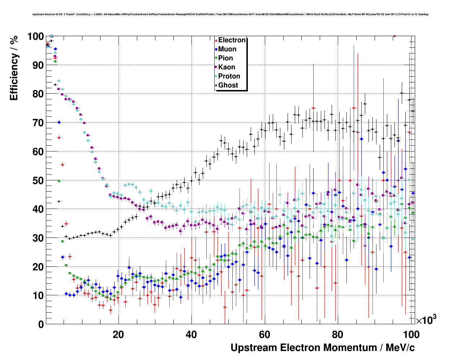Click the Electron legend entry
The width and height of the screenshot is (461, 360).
pos(232,40)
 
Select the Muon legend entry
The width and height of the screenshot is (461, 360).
pos(227,49)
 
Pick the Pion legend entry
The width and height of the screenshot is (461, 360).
pos(225,58)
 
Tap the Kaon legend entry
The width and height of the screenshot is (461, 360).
pos(227,67)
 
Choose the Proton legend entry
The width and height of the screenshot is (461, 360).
pos(229,76)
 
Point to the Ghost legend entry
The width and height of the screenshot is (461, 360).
pos(228,85)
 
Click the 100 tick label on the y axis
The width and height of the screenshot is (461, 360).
pos(35,37)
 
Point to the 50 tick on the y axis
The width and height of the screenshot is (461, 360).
pos(38,180)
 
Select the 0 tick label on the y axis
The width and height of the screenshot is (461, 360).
pos(41,324)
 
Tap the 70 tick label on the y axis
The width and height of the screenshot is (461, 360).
pos(38,123)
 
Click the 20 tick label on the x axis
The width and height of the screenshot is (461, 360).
pos(118,334)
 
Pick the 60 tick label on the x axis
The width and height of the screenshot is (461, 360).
pos(264,334)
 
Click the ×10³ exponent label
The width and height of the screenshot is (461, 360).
pos(426,320)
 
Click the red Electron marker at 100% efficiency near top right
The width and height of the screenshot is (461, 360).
pos(395,36)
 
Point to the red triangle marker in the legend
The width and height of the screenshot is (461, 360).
pos(216,40)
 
